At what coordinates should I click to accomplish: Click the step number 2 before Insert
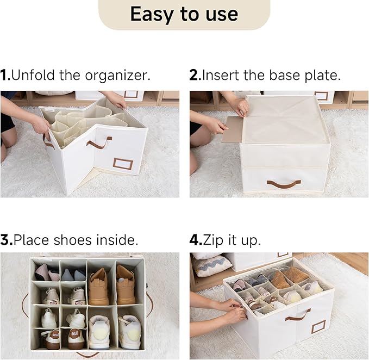click(x=195, y=75)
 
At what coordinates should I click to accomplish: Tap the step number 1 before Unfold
click(x=5, y=75)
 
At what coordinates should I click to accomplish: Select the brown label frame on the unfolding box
click(x=122, y=163)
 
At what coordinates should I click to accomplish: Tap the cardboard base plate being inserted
click(x=232, y=129)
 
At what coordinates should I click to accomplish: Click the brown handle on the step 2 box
click(x=284, y=184)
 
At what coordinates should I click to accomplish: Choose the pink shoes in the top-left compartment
click(x=46, y=272)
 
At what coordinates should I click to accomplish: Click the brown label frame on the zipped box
click(x=318, y=326)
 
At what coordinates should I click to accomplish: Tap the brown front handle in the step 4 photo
click(x=298, y=315)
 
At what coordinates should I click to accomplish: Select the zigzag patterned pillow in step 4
click(x=212, y=265)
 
